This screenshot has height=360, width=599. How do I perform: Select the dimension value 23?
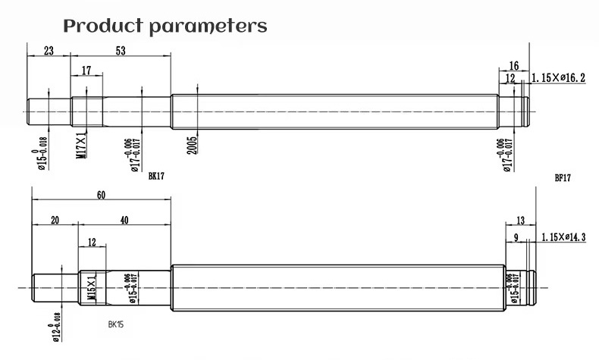[x=48, y=52]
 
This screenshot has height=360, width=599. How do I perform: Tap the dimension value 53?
[x=121, y=52]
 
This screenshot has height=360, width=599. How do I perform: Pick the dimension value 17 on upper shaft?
[x=86, y=70]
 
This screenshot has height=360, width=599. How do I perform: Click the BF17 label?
[x=562, y=179]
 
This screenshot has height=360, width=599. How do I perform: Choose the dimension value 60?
[x=101, y=195]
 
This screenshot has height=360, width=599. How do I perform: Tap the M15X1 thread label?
[x=92, y=288]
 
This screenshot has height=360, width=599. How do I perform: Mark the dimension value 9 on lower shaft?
[x=516, y=238]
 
